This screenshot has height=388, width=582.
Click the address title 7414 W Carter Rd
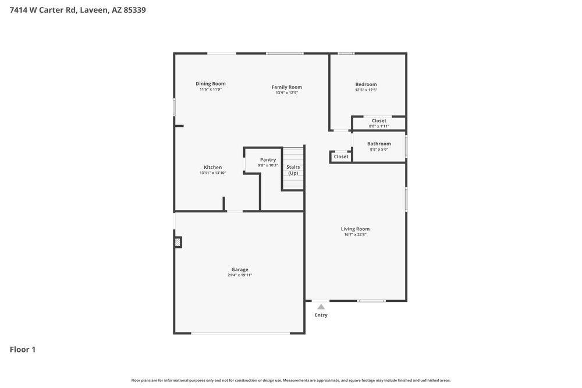(x=77, y=10)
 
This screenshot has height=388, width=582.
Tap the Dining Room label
(x=211, y=84)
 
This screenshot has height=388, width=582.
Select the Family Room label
(x=287, y=87)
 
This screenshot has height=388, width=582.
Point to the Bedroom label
(x=366, y=84)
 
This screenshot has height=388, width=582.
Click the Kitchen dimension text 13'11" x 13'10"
(x=213, y=173)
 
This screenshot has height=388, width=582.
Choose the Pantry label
(x=268, y=159)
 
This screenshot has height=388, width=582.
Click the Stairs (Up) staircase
(x=293, y=169)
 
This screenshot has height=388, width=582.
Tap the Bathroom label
(x=379, y=144)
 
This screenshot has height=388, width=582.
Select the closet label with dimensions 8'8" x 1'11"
(x=379, y=121)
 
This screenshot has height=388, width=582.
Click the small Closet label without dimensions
(x=341, y=156)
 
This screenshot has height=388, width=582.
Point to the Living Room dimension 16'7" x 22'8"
(x=355, y=234)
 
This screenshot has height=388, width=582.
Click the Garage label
(x=240, y=269)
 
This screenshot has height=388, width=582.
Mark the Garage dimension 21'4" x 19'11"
(x=240, y=275)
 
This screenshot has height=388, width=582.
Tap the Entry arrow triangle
(x=321, y=307)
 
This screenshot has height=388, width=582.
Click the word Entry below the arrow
(x=321, y=315)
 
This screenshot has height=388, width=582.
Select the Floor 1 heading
(x=23, y=350)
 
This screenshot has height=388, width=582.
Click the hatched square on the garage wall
(x=178, y=242)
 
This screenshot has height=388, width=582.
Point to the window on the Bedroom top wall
(x=346, y=54)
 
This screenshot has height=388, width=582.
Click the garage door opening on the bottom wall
(x=240, y=333)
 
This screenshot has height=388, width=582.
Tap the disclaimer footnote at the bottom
(x=291, y=380)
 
